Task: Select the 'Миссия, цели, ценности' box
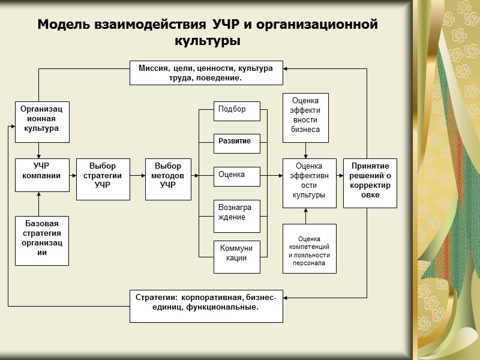click(x=206, y=73)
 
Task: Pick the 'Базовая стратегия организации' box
click(x=41, y=241)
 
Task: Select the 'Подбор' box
click(x=237, y=112)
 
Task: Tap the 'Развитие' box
click(x=237, y=143)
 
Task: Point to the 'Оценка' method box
click(x=237, y=176)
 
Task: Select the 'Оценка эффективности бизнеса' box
click(x=305, y=118)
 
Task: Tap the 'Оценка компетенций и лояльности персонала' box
click(x=309, y=248)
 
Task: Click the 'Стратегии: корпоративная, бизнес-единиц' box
click(x=206, y=305)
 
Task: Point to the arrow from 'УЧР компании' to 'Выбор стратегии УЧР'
click(x=72, y=176)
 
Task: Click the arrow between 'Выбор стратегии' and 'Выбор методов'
click(x=138, y=176)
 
